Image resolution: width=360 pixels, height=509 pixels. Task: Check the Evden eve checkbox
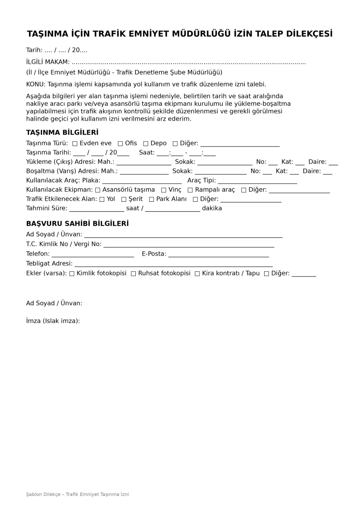75,143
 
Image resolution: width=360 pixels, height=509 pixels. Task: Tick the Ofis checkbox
120,143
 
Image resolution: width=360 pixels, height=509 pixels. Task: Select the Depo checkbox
146,143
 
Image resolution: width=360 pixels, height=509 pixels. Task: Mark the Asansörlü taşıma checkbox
98,190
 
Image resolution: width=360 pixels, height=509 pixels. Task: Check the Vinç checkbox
164,190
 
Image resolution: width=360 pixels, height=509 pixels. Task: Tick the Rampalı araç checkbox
190,190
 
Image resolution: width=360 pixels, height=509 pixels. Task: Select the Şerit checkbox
124,199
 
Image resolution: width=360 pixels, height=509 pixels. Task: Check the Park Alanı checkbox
152,199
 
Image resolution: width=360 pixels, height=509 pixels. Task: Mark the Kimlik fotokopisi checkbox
72,274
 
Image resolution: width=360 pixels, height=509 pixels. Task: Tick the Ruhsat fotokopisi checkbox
133,274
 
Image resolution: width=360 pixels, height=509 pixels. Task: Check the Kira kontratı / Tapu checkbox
197,274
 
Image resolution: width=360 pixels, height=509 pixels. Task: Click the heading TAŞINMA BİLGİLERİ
62,132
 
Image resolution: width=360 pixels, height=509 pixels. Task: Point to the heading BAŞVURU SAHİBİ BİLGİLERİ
77,224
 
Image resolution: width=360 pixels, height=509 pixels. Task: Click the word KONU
36,84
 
